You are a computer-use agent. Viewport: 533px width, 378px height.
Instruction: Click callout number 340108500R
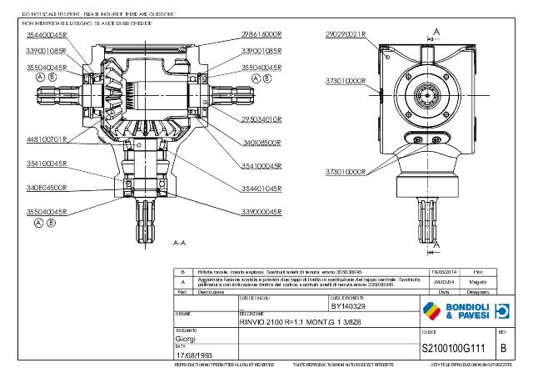[x=262, y=143]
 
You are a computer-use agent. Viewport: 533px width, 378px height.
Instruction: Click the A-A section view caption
[x=178, y=244]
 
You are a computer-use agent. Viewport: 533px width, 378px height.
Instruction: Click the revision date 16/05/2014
[x=442, y=272]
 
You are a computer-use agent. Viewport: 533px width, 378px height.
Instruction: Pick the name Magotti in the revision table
[x=477, y=282]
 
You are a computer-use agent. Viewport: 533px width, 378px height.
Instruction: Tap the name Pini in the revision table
[x=477, y=272]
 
